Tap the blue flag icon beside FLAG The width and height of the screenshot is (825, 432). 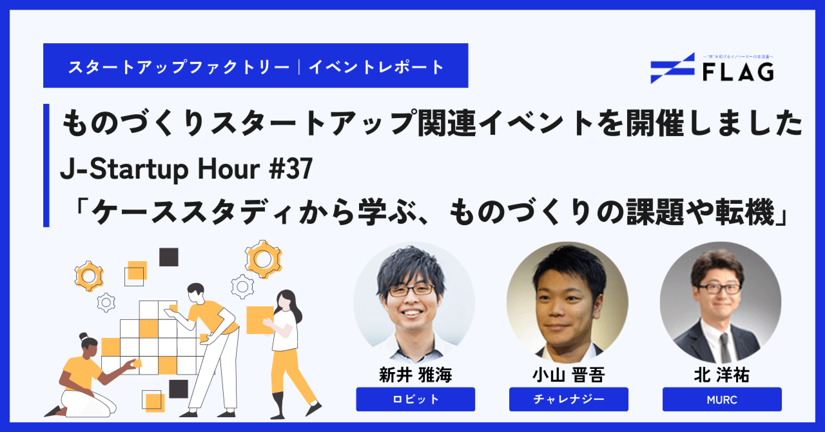click(672, 68)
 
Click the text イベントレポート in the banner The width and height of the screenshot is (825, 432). click(376, 66)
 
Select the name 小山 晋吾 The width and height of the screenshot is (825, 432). click(568, 375)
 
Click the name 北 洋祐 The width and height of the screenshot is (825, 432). click(721, 375)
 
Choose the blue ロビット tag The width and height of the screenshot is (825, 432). click(415, 399)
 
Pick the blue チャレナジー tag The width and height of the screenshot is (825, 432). click(568, 399)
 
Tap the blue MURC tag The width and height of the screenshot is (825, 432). click(721, 399)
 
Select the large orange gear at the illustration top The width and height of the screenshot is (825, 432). click(263, 258)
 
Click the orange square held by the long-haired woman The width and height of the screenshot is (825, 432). click(259, 319)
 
